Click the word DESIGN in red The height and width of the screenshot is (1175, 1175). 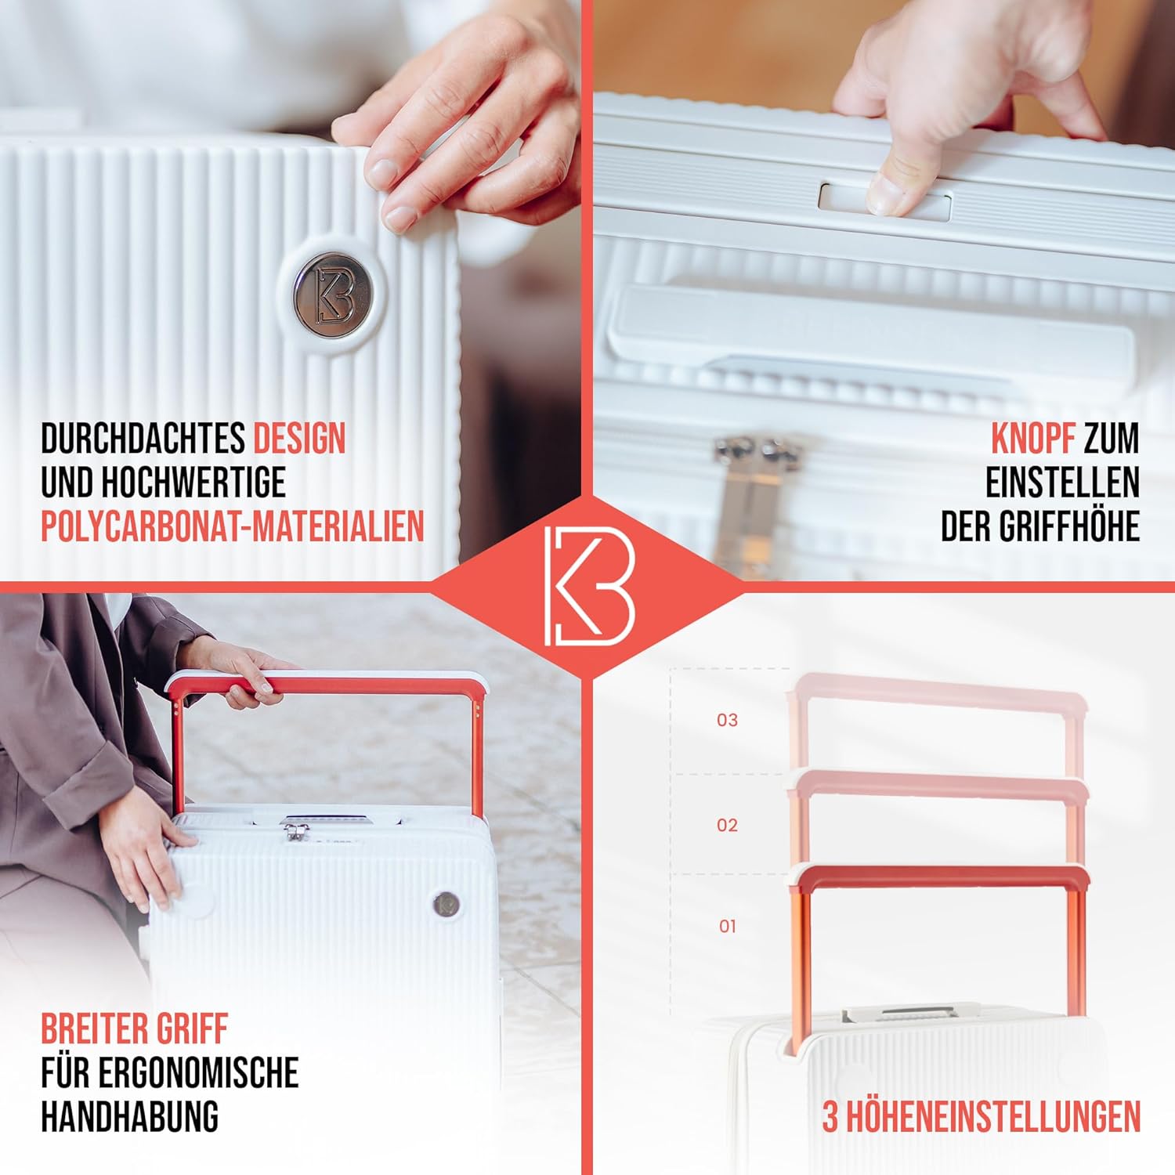coord(299,439)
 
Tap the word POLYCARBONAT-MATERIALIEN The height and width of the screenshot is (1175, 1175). coord(233,526)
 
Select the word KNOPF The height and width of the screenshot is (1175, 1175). coord(1032,439)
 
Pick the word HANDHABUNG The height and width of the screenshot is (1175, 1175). coord(129,1116)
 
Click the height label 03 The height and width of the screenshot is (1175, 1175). coord(728,720)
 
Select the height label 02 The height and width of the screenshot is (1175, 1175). coord(728,825)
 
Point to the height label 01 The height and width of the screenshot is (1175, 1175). coord(728,926)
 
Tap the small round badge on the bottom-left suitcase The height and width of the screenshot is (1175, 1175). coord(446,904)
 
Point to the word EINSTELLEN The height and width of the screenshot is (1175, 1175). coord(1062,483)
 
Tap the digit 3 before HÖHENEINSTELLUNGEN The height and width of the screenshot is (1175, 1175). coord(830,1117)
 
